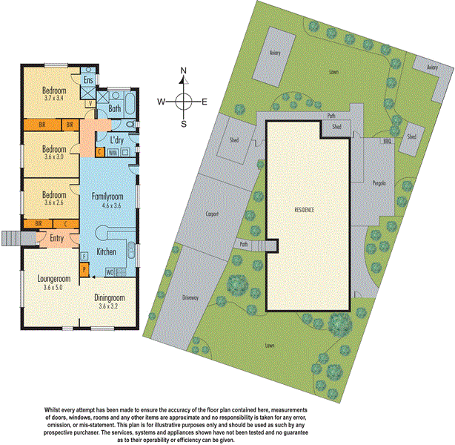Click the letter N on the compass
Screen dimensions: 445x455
click(184, 72)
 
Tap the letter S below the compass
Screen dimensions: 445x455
click(184, 124)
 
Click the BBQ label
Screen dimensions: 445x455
click(386, 140)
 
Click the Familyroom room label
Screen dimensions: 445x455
click(107, 197)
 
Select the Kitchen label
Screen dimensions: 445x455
click(106, 252)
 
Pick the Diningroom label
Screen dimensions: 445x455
click(110, 297)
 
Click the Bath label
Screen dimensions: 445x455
click(114, 108)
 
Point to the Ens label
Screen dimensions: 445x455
click(87, 79)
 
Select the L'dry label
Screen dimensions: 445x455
click(116, 139)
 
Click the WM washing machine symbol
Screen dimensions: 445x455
click(113, 152)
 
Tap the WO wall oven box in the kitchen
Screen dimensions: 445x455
click(109, 273)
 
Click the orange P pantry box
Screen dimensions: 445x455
click(84, 268)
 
